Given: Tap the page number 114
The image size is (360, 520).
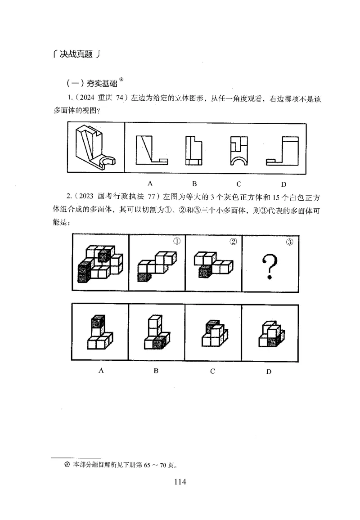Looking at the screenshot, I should click(x=180, y=482).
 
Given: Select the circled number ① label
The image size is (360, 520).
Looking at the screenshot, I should click(x=177, y=241).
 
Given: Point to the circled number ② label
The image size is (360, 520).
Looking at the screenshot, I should click(x=233, y=241).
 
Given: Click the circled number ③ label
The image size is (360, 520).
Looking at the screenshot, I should click(x=290, y=242).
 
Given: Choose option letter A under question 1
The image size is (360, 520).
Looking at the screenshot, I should click(x=150, y=183).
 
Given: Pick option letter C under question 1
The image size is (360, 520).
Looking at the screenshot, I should click(x=239, y=184).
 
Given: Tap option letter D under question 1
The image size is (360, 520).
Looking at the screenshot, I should click(x=283, y=184).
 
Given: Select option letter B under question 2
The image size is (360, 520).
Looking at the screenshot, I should click(x=156, y=371).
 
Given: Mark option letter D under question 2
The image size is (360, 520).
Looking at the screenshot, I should click(x=269, y=372).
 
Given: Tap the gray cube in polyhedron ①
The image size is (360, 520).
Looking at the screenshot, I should click(x=143, y=277).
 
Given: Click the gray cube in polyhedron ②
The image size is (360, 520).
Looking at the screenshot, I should click(x=205, y=271).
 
